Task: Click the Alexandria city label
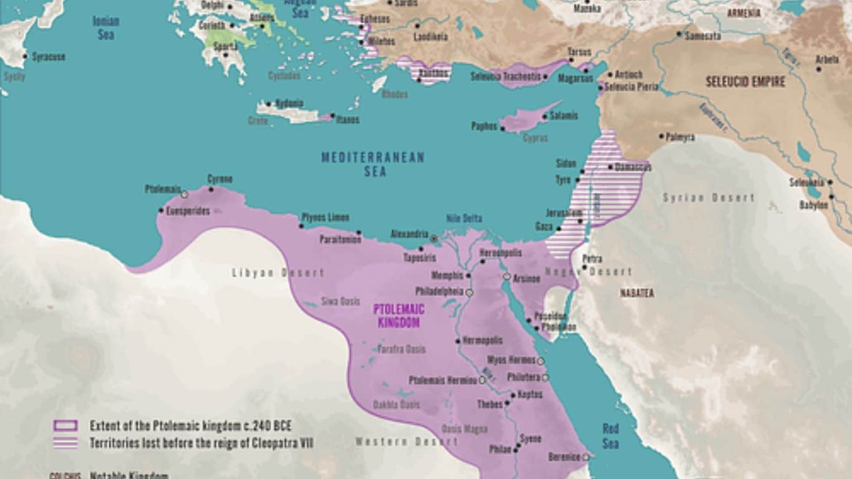click(409, 234)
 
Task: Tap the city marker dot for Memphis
click(468, 275)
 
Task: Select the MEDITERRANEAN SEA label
click(373, 164)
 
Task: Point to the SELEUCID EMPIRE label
click(745, 82)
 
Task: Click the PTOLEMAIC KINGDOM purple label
click(399, 316)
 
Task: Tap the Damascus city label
click(633, 167)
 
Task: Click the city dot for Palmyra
click(661, 136)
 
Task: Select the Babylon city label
click(813, 205)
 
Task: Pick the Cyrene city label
click(220, 180)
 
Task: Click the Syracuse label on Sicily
click(49, 57)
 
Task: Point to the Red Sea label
click(610, 435)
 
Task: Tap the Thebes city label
click(490, 404)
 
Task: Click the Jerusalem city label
click(564, 213)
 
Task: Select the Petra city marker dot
click(584, 268)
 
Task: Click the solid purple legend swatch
click(65, 426)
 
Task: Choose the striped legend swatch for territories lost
click(65, 443)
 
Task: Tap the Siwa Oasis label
click(340, 302)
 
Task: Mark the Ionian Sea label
click(106, 27)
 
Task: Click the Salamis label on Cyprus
click(563, 116)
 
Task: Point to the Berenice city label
click(564, 457)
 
